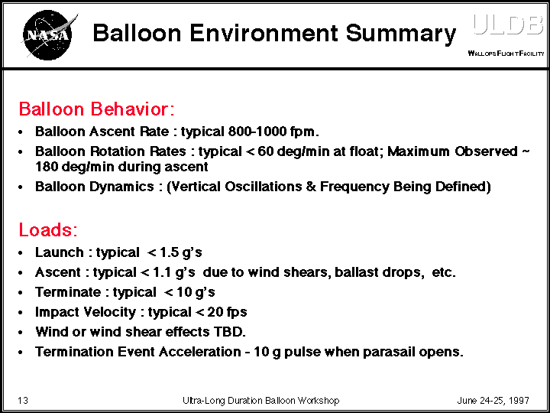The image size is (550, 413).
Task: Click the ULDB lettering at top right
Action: coord(507,24)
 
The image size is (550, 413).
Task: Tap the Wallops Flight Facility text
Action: coord(505,54)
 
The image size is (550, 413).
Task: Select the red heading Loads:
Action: coord(47,229)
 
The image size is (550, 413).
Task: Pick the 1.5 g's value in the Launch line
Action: coord(180,252)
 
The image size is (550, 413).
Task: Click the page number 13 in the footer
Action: coord(23,401)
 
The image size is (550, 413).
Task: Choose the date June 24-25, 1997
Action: coord(493,401)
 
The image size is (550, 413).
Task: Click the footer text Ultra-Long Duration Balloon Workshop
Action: coord(260,401)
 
